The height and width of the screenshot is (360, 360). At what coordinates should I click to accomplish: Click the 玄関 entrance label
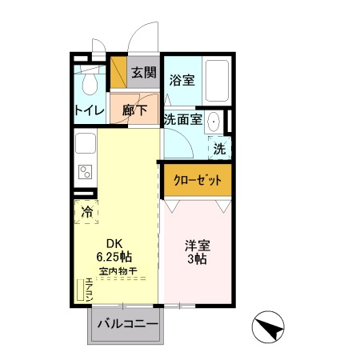(144, 73)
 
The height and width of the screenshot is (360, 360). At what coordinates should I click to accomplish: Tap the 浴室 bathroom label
(182, 80)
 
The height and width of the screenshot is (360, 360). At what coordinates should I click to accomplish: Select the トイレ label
(88, 111)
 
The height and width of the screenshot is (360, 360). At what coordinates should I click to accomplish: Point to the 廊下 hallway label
(134, 111)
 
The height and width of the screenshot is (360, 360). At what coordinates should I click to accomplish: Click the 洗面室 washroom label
(181, 119)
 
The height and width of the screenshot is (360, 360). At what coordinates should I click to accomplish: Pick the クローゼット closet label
(198, 179)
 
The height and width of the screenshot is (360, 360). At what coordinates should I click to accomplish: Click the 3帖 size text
(198, 260)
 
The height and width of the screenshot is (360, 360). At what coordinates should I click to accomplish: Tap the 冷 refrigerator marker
(86, 212)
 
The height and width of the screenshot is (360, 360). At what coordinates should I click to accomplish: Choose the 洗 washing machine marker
(219, 148)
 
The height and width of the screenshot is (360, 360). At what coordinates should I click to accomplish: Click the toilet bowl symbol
(89, 83)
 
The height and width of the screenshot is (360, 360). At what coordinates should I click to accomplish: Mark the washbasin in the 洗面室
(214, 122)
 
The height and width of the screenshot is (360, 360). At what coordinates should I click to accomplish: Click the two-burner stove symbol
(85, 172)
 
